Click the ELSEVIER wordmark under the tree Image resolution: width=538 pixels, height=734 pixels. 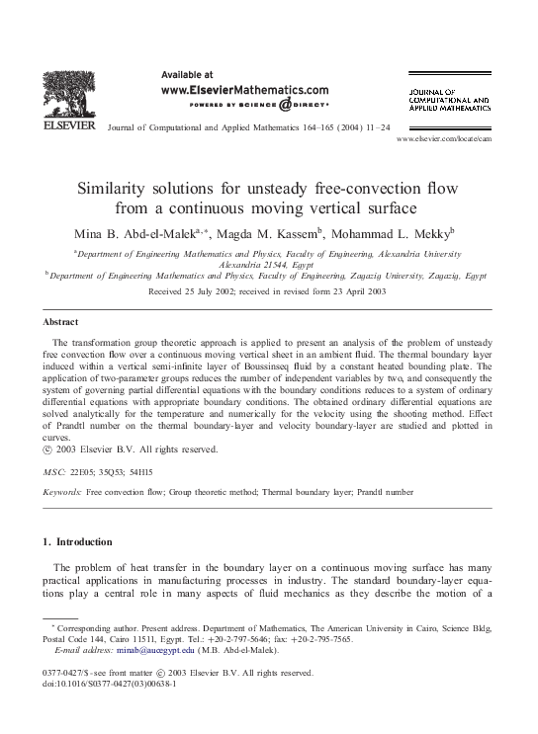click(67, 127)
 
